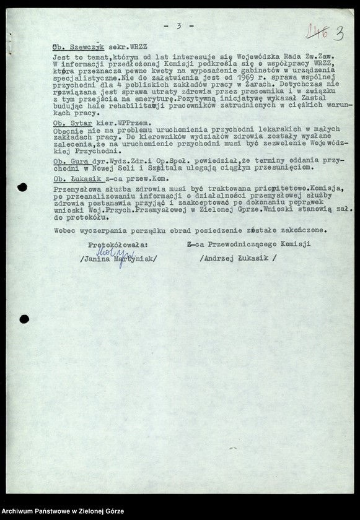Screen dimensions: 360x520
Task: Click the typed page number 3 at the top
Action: point(178,25)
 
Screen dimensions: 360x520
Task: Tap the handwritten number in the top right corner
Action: point(330,32)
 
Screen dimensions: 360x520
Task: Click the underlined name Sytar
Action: point(76,124)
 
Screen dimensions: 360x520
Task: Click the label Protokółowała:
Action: point(118,245)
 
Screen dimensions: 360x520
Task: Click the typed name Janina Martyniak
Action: point(119,259)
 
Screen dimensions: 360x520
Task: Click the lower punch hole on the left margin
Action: point(24,319)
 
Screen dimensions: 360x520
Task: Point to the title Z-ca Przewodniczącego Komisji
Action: point(248,245)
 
